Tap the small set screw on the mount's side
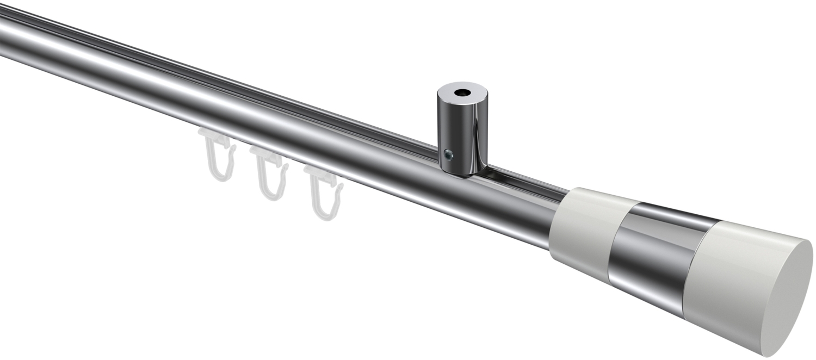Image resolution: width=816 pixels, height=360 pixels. pos(447,155)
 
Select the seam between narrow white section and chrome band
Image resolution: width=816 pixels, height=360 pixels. pos(620,239)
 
